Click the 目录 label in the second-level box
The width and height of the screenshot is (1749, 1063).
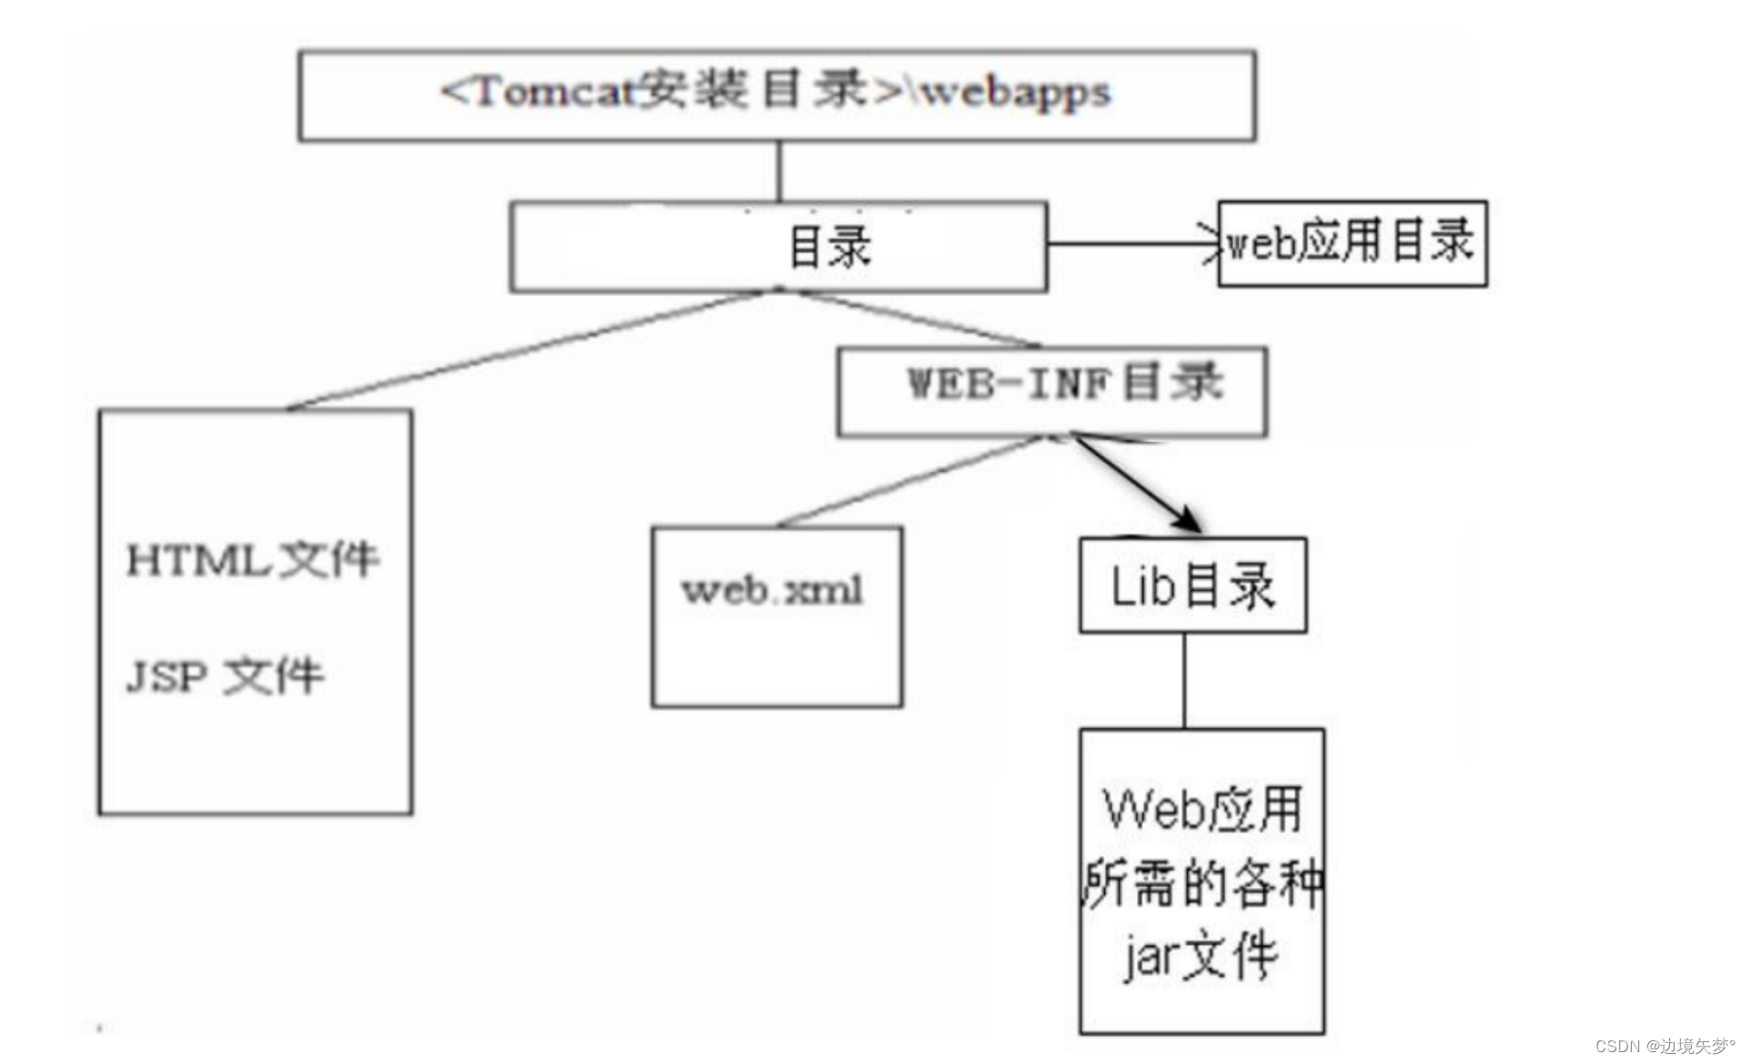[x=829, y=248]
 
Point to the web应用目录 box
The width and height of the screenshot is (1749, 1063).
[x=1351, y=243]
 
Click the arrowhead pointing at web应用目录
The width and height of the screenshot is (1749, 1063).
[x=1211, y=243]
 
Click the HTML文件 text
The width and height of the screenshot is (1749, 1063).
[x=252, y=559]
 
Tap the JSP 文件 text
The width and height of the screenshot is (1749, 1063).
[x=224, y=675]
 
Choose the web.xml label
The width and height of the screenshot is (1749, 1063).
[x=772, y=591]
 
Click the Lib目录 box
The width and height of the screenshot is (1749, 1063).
[x=1192, y=586]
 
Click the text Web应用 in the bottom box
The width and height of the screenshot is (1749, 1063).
[x=1202, y=809]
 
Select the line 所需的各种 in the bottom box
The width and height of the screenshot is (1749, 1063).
[x=1202, y=883]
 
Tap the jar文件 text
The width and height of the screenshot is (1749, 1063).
[x=1201, y=956]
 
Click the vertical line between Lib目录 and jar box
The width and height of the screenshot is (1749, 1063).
[x=1183, y=681]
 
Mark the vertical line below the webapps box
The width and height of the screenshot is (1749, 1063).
[x=778, y=171]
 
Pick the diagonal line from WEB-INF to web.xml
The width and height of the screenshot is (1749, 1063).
[x=908, y=482]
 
